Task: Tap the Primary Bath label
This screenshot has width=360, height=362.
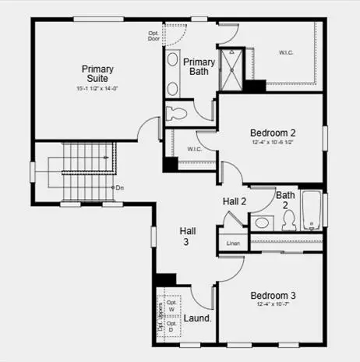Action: tap(199, 67)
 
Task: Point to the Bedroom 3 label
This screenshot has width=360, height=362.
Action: tap(273, 296)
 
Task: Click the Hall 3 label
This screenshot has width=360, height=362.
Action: tap(188, 236)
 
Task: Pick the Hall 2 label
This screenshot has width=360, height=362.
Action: tap(235, 201)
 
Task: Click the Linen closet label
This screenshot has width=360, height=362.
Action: tap(233, 243)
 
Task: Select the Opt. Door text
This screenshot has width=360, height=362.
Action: tap(154, 36)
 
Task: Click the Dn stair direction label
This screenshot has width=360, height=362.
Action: tap(119, 187)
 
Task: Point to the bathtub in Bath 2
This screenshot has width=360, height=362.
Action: tap(312, 212)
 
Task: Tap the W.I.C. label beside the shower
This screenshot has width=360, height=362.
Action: tap(286, 53)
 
